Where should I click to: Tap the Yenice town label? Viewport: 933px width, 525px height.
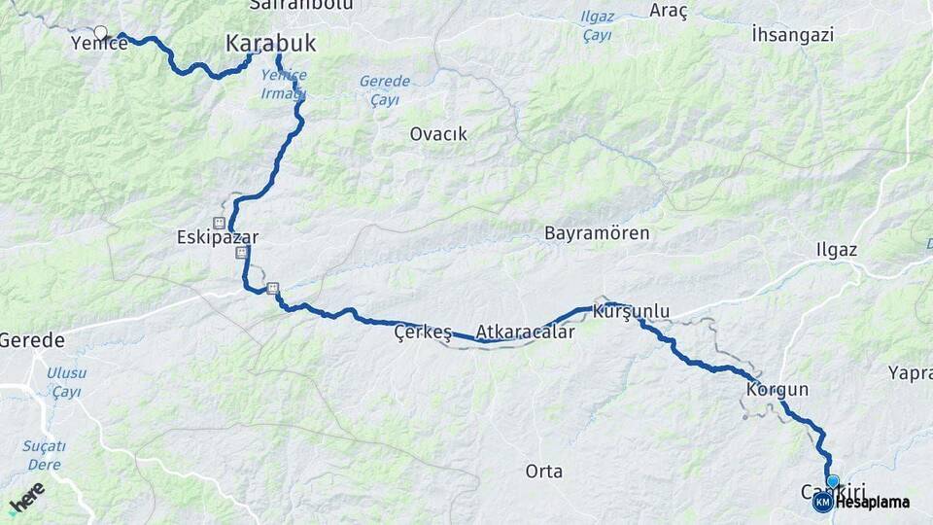point(99,44)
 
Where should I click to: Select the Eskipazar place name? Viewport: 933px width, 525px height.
point(218,236)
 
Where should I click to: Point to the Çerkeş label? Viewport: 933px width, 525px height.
point(423,332)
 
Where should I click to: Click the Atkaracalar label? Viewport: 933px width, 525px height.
point(525,332)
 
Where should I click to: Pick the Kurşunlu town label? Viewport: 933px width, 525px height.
point(638,311)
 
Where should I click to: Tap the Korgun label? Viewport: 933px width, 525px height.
point(777,390)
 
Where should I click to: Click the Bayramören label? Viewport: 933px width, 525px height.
point(597,233)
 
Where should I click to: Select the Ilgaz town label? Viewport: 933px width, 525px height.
point(836,250)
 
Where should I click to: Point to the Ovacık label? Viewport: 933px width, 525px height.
point(438,134)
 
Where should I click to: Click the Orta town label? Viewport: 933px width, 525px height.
point(543,472)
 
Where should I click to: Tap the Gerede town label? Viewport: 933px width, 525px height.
point(32,340)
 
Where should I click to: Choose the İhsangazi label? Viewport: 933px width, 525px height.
point(793,35)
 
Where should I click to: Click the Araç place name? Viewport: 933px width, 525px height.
point(670,12)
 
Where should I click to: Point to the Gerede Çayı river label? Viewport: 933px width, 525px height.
point(384,90)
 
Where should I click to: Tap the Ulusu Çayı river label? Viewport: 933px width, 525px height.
point(66,382)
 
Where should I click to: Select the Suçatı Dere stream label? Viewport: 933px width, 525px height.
point(45,456)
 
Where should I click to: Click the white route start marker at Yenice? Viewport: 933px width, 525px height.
point(100,33)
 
